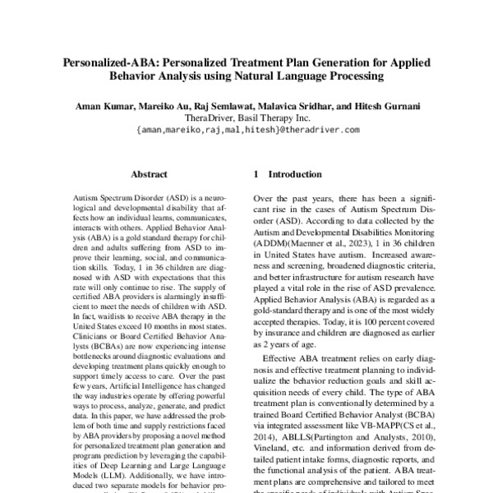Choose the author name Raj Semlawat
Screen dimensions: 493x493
[229, 107]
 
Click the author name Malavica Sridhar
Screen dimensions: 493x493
[305, 107]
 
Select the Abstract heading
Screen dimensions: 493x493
[150, 175]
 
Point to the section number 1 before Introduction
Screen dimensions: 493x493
[257, 175]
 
